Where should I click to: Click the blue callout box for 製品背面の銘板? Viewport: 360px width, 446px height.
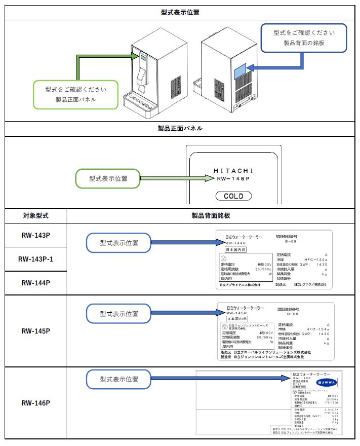(304, 38)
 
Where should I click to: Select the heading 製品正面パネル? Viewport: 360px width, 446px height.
(180, 129)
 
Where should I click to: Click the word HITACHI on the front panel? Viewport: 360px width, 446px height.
(233, 170)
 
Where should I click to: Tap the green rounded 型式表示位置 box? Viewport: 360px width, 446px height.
(108, 178)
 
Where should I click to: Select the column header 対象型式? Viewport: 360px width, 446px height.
(35, 215)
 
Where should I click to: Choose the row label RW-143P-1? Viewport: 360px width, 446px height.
(35, 259)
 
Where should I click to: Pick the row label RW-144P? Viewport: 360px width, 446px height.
(35, 283)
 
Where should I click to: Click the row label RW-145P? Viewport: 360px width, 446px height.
(35, 331)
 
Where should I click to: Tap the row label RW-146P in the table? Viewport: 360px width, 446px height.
(35, 403)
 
